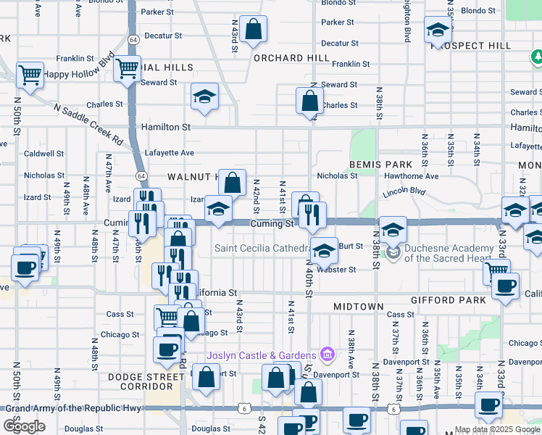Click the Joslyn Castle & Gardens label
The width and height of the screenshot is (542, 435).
(261, 355)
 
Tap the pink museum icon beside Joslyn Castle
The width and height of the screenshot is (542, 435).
(328, 355)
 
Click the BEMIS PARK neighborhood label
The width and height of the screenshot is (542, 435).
(375, 165)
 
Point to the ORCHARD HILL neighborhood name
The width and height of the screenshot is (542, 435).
(281, 58)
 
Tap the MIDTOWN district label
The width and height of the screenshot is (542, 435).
(358, 307)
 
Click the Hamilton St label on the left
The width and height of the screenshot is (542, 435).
(166, 126)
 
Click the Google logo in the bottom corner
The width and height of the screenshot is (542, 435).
(25, 426)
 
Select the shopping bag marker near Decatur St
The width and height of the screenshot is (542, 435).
(254, 30)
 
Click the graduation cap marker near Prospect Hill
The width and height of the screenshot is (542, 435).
(438, 30)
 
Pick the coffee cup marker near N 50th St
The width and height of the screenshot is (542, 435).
(25, 268)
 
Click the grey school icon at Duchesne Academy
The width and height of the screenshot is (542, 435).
(393, 253)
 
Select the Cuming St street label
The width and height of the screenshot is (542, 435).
(270, 224)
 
